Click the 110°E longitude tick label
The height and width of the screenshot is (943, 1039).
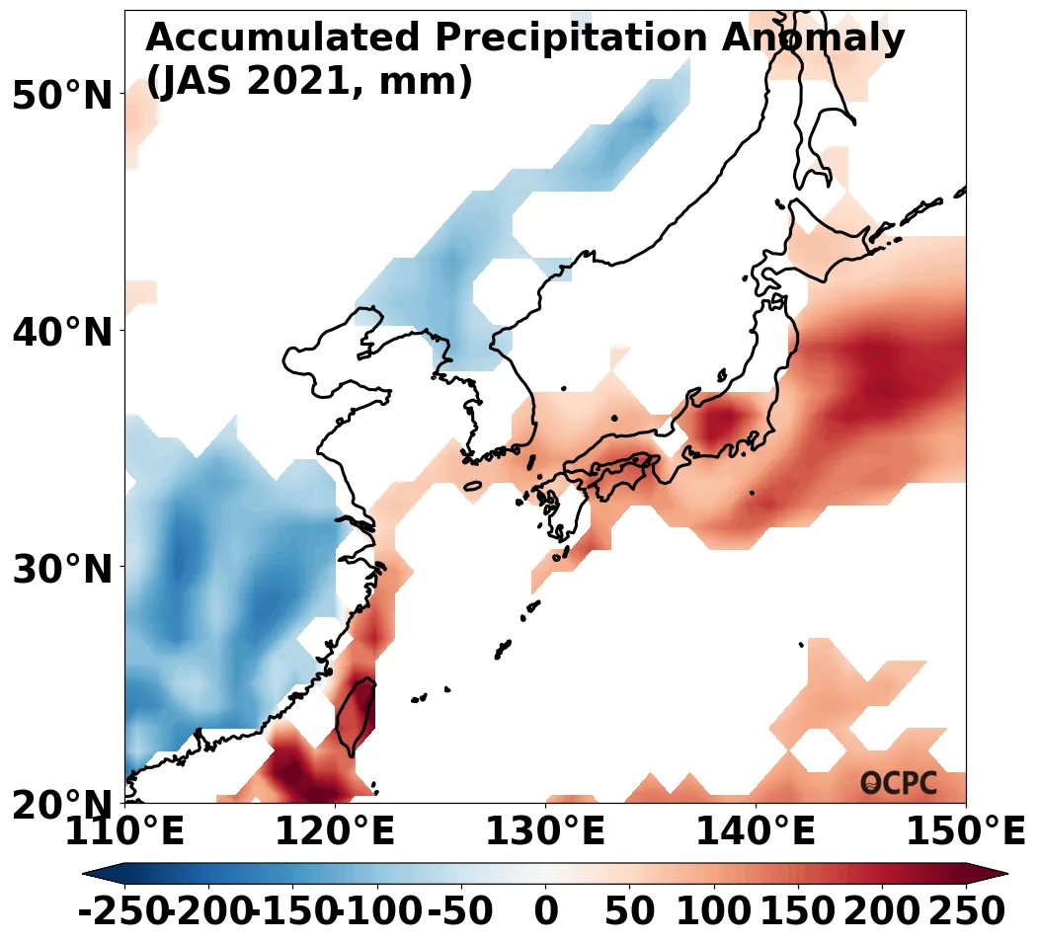click(124, 833)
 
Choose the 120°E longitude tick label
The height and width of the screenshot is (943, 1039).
click(335, 833)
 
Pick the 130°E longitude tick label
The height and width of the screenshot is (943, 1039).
click(545, 833)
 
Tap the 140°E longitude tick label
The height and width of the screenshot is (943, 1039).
click(756, 833)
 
